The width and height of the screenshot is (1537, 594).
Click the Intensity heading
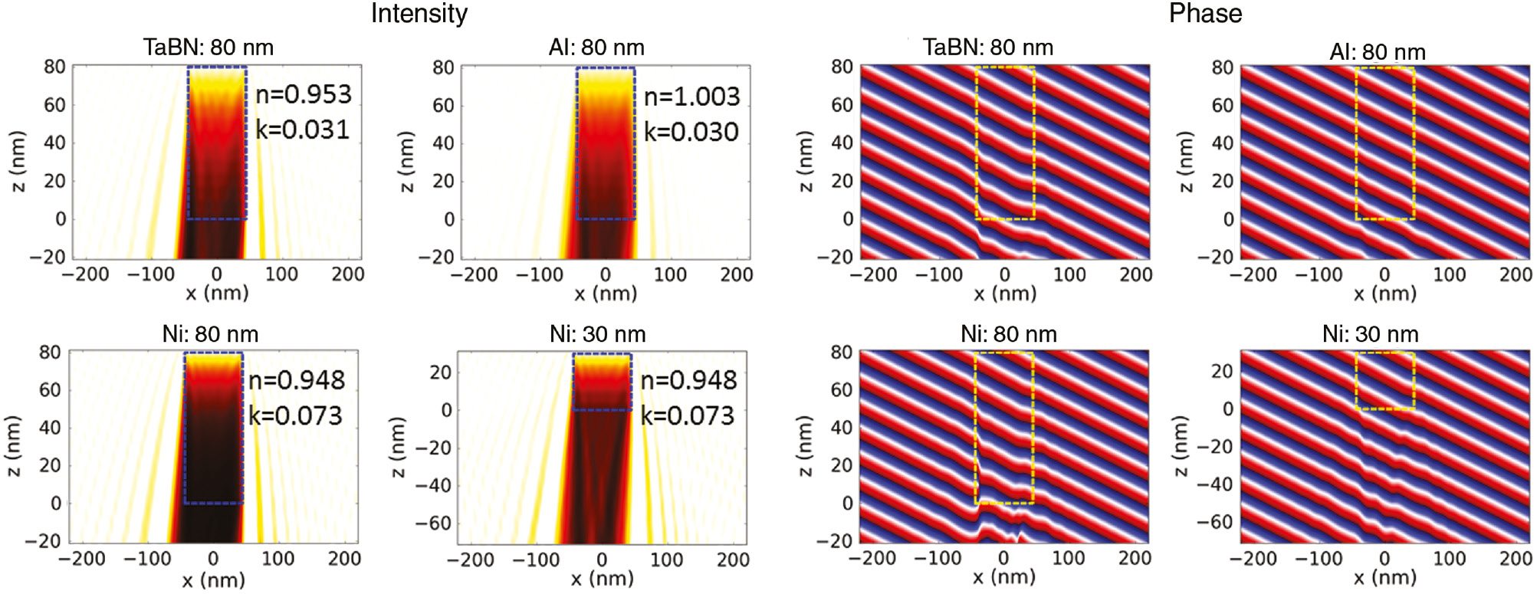click(x=419, y=14)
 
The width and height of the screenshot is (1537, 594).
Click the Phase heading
click(x=1205, y=14)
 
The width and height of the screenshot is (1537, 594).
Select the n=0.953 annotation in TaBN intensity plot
click(x=304, y=94)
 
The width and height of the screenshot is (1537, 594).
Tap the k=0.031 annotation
click(x=302, y=130)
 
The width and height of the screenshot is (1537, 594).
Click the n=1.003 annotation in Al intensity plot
click(x=691, y=97)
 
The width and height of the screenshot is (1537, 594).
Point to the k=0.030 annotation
click(x=691, y=132)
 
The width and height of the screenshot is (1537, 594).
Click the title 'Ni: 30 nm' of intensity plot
click(x=597, y=334)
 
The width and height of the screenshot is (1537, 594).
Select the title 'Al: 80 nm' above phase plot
click(x=1377, y=52)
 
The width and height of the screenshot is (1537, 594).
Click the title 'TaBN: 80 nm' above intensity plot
click(x=208, y=48)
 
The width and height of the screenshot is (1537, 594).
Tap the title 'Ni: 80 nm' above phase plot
click(x=1008, y=334)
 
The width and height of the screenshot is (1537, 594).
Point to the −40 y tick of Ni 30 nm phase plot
click(x=1214, y=484)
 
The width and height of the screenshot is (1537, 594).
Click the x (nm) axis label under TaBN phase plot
click(x=1004, y=294)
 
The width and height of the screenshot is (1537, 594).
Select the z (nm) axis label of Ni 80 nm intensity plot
click(x=13, y=447)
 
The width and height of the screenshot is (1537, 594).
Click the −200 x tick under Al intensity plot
click(x=473, y=274)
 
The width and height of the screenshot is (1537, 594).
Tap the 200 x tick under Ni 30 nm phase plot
click(x=1515, y=558)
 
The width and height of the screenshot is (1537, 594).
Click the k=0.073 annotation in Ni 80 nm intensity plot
click(x=295, y=415)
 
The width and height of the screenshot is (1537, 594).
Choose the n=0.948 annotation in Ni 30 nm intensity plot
click(x=688, y=380)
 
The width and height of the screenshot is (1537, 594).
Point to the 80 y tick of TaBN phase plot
click(x=842, y=67)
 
